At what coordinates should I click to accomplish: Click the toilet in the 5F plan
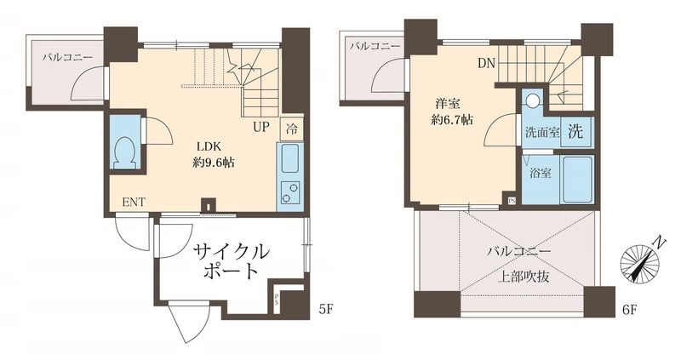pyautogui.click(x=125, y=151)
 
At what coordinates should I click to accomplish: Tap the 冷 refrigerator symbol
pyautogui.click(x=291, y=129)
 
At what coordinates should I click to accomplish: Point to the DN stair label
pyautogui.click(x=485, y=62)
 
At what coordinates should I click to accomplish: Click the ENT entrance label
pyautogui.click(x=133, y=203)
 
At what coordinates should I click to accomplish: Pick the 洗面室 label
pyautogui.click(x=542, y=134)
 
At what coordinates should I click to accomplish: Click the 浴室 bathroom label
pyautogui.click(x=540, y=174)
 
